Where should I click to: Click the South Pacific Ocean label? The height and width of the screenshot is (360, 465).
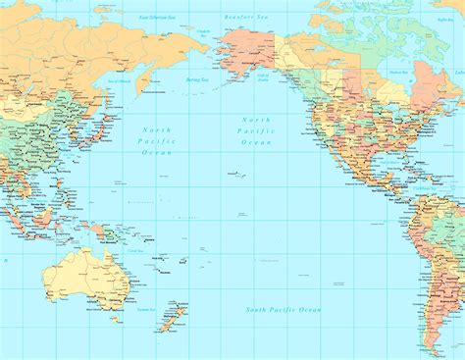click(x=283, y=310)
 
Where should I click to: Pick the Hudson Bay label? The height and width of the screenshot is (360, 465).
click(x=397, y=72)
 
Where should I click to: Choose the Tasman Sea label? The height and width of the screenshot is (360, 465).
click(x=146, y=308)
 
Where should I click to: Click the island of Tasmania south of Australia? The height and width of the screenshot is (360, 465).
click(x=116, y=318)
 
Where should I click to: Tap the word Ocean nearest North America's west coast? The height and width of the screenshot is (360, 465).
click(x=256, y=143)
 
